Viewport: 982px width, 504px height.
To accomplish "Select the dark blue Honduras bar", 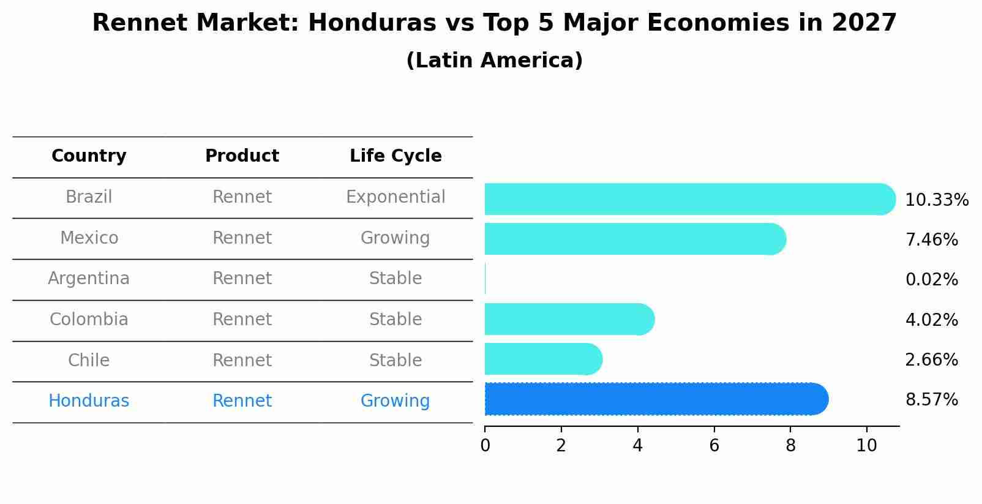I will tap(655, 399).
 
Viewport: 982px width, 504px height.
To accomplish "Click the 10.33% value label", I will tap(936, 200).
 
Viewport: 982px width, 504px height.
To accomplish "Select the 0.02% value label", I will tap(931, 280).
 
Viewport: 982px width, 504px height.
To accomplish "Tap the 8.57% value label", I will tap(931, 400).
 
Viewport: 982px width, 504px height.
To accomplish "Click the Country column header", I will tap(89, 156).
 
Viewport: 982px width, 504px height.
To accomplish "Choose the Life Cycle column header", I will tap(395, 156).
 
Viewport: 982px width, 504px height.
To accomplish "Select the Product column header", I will tap(242, 156).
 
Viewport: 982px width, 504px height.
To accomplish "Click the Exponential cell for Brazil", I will tap(395, 197).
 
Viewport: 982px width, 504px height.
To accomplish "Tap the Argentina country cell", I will tap(89, 279).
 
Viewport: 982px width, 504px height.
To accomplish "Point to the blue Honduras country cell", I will tap(89, 401).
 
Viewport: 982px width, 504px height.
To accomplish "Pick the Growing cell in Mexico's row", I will tap(395, 238).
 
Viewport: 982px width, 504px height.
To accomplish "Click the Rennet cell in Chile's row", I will tap(242, 361).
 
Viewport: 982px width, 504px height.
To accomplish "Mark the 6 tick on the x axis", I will tap(714, 446).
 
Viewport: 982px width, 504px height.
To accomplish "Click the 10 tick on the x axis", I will tap(866, 446).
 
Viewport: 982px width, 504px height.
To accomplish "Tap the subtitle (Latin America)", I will tap(494, 61).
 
